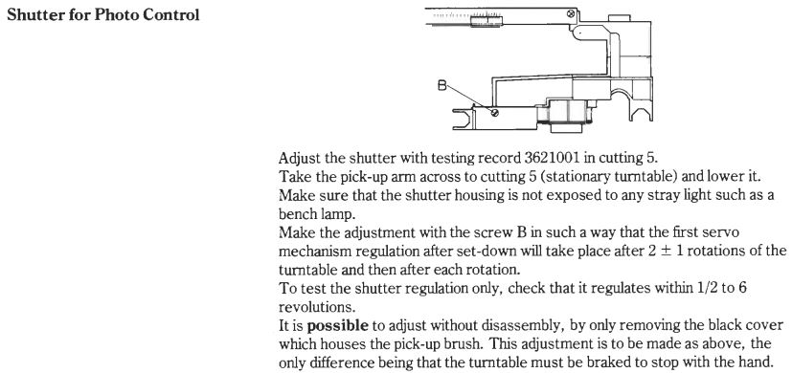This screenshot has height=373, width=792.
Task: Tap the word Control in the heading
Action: point(170,14)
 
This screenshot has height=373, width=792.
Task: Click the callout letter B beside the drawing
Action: point(441,86)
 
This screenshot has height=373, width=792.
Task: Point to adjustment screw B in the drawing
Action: point(495,113)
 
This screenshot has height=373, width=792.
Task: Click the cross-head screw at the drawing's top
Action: point(571,13)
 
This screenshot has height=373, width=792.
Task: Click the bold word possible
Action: point(337,326)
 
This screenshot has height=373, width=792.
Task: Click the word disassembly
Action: point(522,326)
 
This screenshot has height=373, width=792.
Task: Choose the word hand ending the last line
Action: point(759,362)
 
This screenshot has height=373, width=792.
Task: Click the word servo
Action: point(723,232)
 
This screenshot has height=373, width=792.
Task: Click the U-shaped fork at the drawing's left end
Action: point(462,120)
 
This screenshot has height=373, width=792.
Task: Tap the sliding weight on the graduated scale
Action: point(487,21)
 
